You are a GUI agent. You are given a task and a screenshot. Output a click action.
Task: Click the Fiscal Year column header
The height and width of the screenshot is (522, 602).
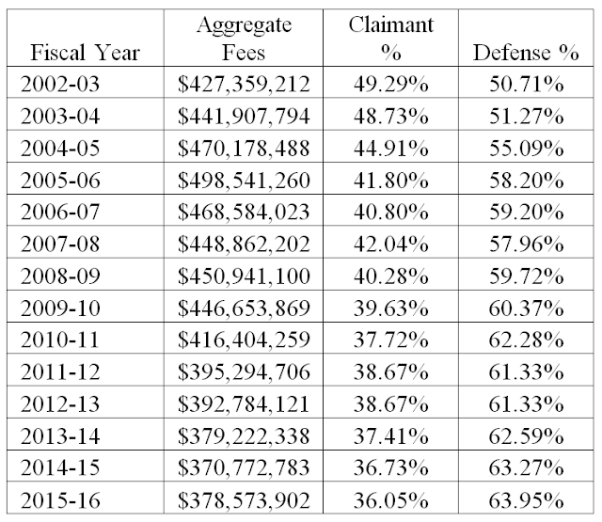pos(86,53)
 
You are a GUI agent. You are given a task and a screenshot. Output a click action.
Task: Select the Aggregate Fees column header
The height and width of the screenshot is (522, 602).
pos(244,39)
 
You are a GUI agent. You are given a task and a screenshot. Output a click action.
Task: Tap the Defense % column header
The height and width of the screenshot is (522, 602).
pos(526,53)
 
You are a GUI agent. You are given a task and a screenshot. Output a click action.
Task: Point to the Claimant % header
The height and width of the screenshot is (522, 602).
pos(391,39)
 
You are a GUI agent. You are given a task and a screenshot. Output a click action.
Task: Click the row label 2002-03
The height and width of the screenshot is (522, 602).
pos(60,84)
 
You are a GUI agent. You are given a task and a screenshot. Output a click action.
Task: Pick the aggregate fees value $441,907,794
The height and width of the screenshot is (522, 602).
pos(244,116)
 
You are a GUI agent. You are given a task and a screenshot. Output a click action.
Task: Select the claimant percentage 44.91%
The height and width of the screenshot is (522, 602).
pos(391,149)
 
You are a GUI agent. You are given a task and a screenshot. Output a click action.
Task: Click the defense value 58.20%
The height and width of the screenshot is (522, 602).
pos(526,181)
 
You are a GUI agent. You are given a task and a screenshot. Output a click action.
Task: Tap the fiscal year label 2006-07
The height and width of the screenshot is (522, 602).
pos(60,212)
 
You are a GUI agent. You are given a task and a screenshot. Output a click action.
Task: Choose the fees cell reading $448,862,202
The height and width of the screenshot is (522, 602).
pos(244,245)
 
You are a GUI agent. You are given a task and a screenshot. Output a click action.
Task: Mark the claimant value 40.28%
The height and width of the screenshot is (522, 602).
pos(391,276)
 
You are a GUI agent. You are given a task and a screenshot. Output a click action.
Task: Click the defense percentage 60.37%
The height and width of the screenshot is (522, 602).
pos(526,308)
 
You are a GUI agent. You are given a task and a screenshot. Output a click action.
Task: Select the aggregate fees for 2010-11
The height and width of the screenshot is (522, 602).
pos(244,340)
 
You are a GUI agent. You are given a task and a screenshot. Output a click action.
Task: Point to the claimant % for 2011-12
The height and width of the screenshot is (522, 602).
pos(391,372)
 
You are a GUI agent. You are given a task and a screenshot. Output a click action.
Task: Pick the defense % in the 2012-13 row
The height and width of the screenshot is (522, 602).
pos(526,404)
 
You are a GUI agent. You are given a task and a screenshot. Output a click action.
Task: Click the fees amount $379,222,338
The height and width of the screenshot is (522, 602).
pos(244,436)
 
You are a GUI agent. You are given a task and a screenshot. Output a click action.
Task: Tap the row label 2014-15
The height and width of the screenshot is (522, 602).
pos(60,467)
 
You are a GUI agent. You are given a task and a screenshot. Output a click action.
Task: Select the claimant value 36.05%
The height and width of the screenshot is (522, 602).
pos(391,500)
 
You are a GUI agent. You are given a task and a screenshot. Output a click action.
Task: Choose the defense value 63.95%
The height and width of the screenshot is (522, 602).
pos(526,500)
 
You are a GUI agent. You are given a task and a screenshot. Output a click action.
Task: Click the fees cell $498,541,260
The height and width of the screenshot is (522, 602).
pos(244,181)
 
